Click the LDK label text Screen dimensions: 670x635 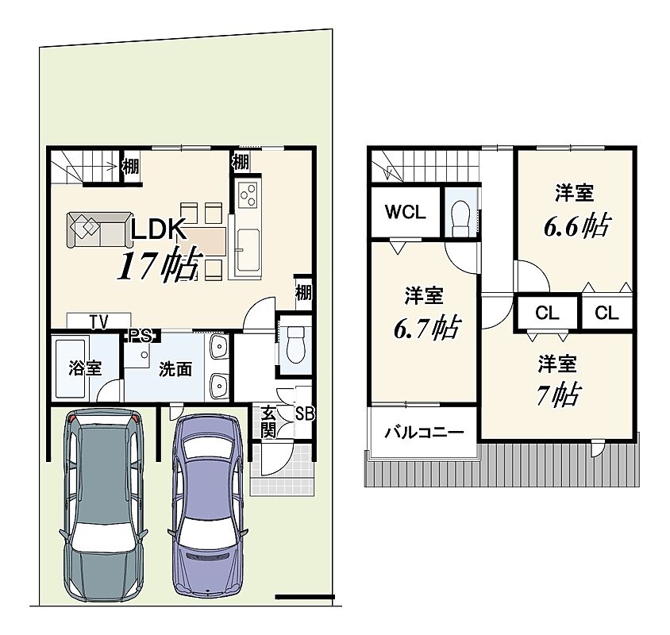[x=158, y=229]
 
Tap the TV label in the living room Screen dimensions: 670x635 [x=98, y=321]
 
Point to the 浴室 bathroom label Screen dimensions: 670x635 [x=85, y=368]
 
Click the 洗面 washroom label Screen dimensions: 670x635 [x=175, y=369]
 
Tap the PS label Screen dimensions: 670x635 [x=141, y=336]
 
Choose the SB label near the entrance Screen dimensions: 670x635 [x=305, y=414]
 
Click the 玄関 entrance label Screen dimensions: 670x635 [x=268, y=422]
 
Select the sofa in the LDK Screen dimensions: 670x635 [x=99, y=230]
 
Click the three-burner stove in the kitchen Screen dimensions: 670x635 [x=248, y=195]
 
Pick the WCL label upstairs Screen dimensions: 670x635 [x=405, y=212]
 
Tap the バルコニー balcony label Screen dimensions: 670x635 [x=424, y=433]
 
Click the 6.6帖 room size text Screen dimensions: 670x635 [x=576, y=225]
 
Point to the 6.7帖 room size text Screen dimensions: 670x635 [x=426, y=327]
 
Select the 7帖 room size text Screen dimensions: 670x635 [x=558, y=394]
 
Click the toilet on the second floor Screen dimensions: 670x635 [x=460, y=217]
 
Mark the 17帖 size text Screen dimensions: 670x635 [x=159, y=265]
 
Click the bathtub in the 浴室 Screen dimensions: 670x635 [x=71, y=368]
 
